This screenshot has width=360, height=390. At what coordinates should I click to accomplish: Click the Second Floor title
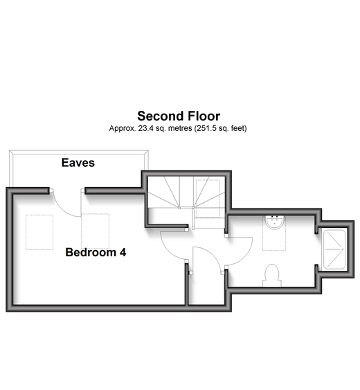pyautogui.click(x=179, y=116)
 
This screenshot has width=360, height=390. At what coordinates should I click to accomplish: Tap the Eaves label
pyautogui.click(x=78, y=163)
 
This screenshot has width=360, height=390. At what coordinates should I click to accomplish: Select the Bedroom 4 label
pyautogui.click(x=96, y=252)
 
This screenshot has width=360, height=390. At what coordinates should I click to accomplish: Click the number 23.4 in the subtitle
pyautogui.click(x=145, y=128)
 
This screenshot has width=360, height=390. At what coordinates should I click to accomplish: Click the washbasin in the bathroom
pyautogui.click(x=274, y=222)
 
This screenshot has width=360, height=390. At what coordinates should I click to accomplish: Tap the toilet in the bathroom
pyautogui.click(x=272, y=276)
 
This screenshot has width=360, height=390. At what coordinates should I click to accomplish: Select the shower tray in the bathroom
pyautogui.click(x=334, y=249)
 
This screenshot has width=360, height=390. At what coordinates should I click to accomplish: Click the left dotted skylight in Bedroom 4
pyautogui.click(x=39, y=232)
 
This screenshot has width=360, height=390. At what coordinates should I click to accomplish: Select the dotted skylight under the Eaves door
pyautogui.click(x=96, y=231)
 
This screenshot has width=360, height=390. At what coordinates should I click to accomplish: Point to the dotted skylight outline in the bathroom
pyautogui.click(x=274, y=233)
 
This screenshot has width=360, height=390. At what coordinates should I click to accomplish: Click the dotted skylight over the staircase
pyautogui.click(x=208, y=199)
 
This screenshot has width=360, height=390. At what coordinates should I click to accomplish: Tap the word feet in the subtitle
pyautogui.click(x=239, y=128)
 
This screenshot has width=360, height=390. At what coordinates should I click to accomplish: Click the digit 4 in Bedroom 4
pyautogui.click(x=123, y=252)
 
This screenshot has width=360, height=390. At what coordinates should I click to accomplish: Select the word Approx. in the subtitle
pyautogui.click(x=123, y=129)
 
